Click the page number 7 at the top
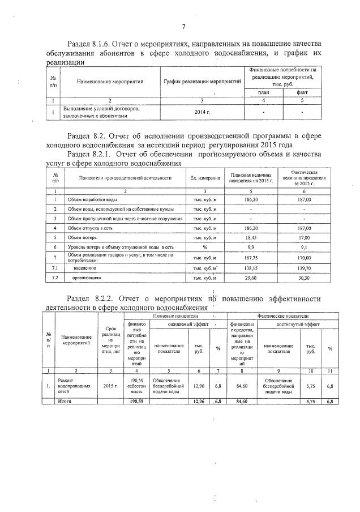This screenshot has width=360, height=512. (x=184, y=27)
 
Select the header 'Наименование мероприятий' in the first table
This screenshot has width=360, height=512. (x=110, y=82)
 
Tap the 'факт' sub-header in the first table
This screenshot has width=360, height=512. (x=302, y=92)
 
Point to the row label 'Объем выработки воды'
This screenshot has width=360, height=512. (x=92, y=199)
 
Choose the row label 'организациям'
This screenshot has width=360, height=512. (x=87, y=278)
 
